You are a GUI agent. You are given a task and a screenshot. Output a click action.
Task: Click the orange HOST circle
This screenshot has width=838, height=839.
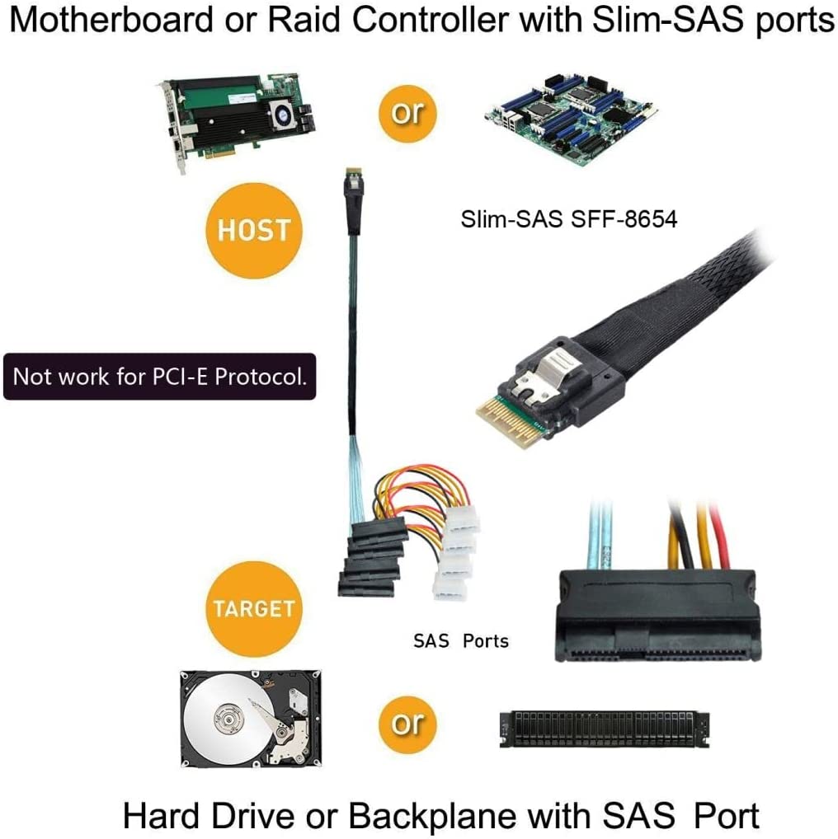(x=253, y=230)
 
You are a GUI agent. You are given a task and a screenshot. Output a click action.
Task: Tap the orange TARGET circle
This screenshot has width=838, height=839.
(x=253, y=608)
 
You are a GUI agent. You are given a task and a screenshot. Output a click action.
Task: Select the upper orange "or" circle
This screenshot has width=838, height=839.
(x=407, y=113)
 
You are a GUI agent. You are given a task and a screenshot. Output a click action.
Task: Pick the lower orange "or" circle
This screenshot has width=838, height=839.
(x=407, y=723)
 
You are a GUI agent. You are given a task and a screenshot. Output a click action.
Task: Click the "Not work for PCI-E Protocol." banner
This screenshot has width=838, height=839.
(x=159, y=377)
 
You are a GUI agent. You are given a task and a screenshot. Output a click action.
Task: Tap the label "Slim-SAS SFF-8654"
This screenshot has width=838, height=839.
(x=568, y=219)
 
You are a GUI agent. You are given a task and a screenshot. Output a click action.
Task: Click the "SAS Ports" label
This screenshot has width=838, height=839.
(x=460, y=640)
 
